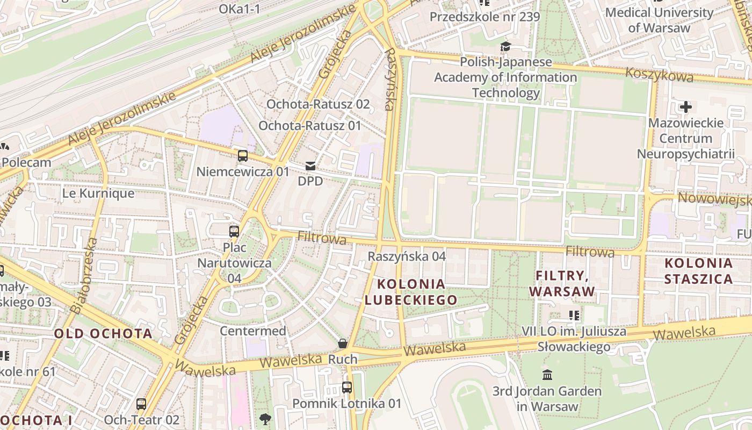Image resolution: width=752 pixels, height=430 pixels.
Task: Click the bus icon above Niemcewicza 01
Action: coord(243,156)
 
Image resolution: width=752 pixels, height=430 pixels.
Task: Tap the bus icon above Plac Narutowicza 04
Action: coord(234,232)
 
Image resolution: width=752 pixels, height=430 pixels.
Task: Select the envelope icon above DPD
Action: coord(310,166)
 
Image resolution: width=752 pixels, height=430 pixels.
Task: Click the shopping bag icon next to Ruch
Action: coord(342,343)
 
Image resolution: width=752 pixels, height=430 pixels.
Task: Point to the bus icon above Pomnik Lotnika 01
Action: coord(347,387)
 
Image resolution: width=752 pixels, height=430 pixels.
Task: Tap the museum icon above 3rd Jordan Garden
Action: coord(547,375)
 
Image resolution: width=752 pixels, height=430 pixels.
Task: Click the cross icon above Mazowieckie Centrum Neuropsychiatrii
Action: coord(685,107)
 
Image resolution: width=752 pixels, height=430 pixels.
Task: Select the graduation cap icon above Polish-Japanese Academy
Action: coord(505,47)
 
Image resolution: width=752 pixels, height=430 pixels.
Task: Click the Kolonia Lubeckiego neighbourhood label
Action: coord(411,292)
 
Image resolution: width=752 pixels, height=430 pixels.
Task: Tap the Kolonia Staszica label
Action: coord(698,271)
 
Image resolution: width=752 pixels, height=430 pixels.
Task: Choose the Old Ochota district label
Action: coord(103,334)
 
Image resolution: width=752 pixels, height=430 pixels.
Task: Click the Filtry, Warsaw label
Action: coord(562,284)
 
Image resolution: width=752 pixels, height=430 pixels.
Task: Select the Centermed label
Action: coord(252,331)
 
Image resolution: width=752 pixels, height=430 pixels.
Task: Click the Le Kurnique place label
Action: coord(98,193)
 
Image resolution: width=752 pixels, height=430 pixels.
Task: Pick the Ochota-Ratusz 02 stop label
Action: coord(318,104)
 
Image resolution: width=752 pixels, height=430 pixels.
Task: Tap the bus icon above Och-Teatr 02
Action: coord(141,404)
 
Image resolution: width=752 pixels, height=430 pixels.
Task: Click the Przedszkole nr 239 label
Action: coord(485,17)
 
